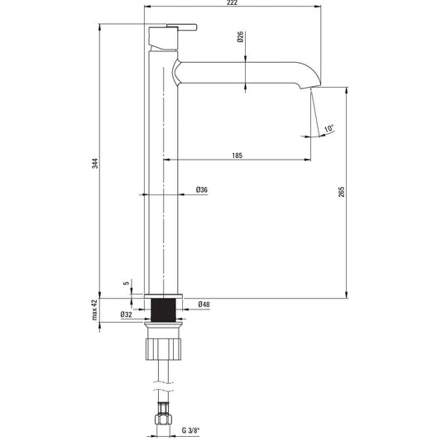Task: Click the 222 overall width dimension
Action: click(x=232, y=2)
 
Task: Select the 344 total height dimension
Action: click(x=96, y=163)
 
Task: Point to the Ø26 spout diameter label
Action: click(x=240, y=37)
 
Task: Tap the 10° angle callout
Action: click(x=328, y=128)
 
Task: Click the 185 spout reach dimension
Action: click(x=237, y=156)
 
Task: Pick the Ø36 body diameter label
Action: click(x=202, y=189)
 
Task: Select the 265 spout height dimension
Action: click(x=342, y=192)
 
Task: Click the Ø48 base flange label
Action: click(x=204, y=304)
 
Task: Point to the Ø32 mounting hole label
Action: click(x=127, y=314)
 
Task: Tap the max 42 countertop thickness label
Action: click(x=95, y=309)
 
